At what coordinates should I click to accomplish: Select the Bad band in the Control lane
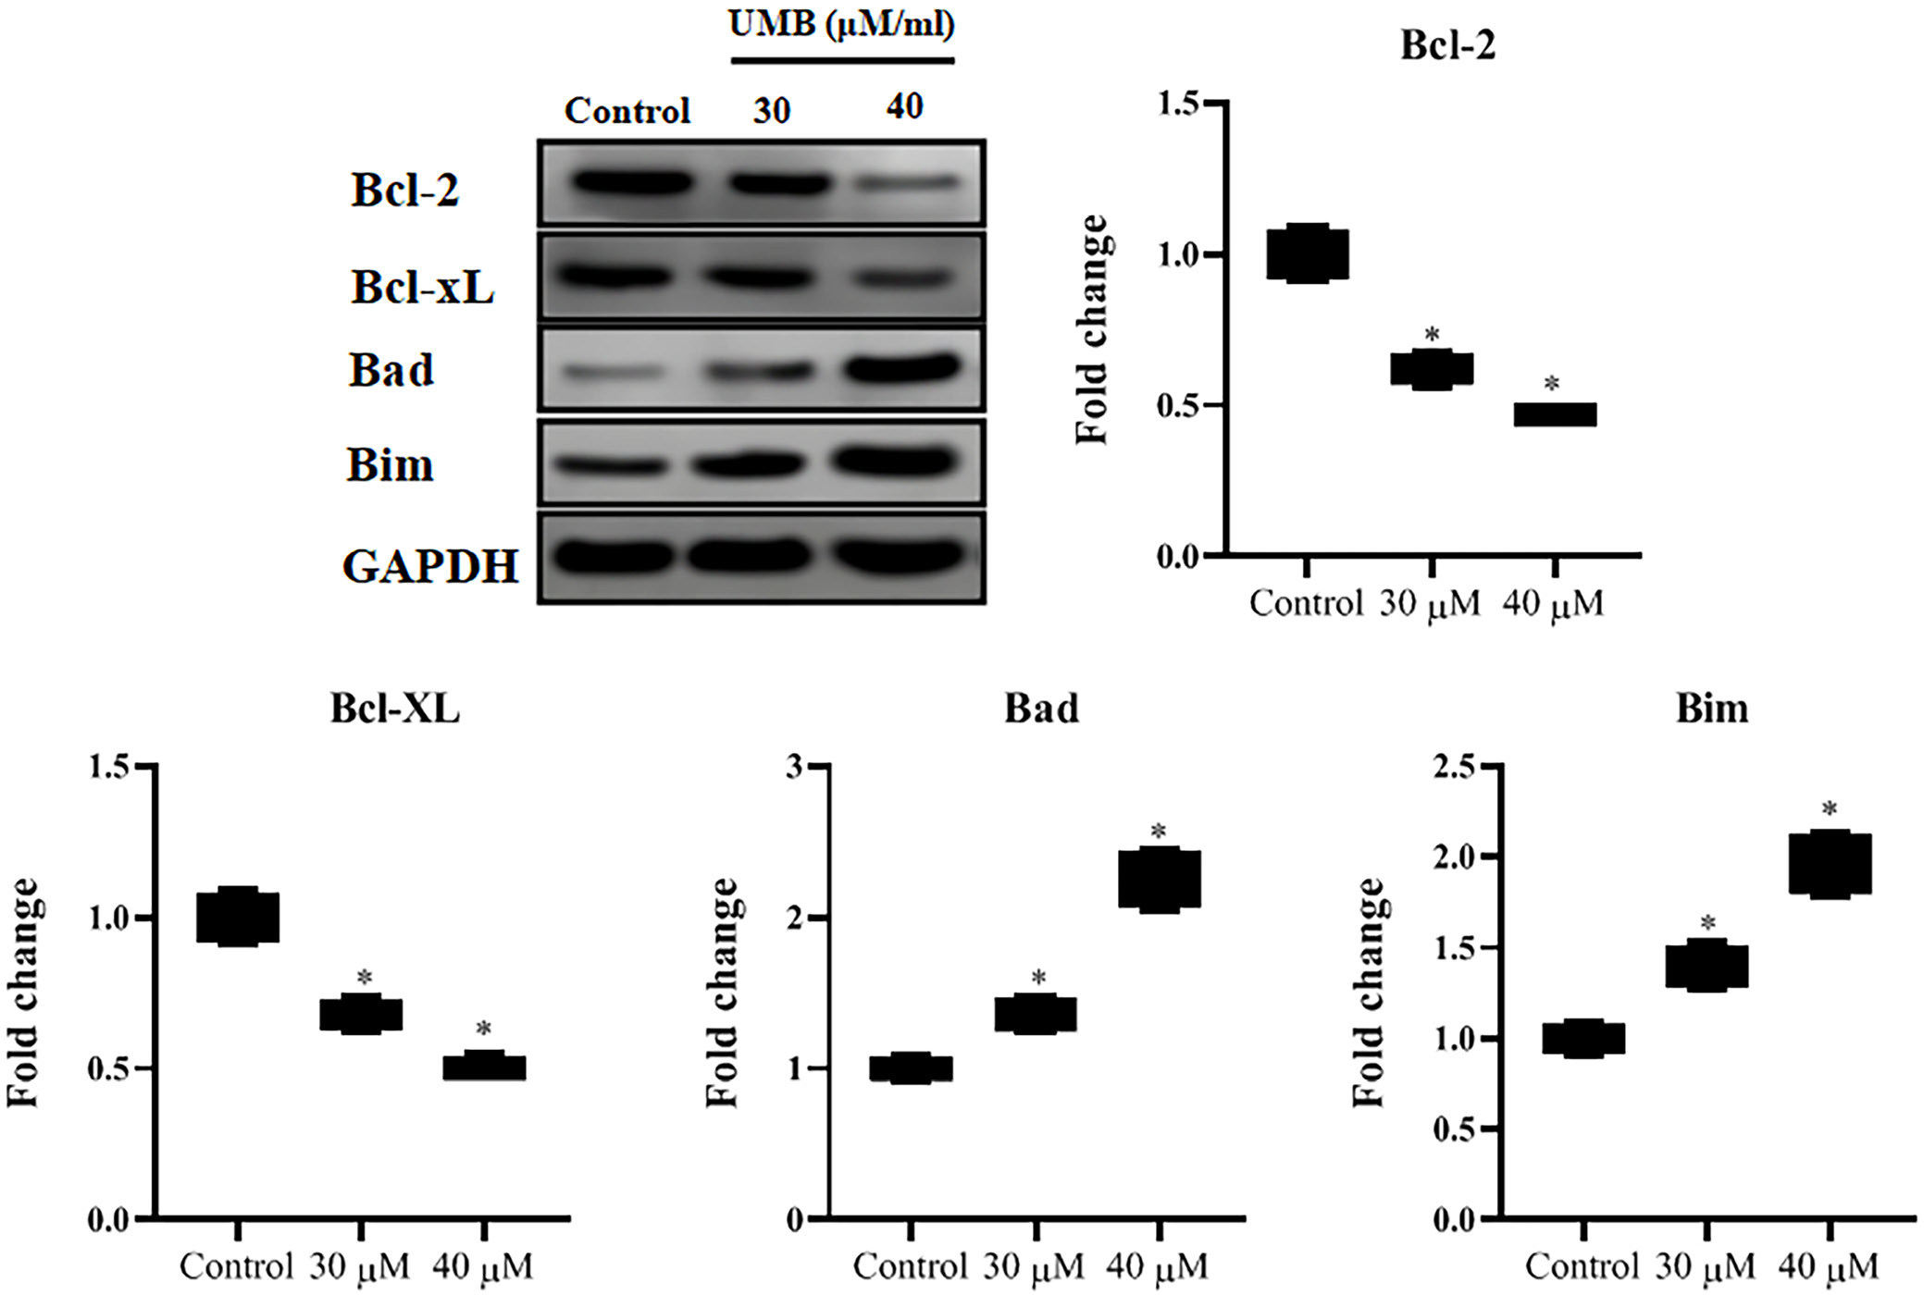point(613,373)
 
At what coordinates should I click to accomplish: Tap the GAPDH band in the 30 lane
point(748,557)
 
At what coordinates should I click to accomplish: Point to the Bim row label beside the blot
point(390,464)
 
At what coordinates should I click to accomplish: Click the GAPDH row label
point(430,566)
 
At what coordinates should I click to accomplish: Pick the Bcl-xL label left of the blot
point(422,287)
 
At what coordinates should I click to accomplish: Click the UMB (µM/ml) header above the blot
point(841,25)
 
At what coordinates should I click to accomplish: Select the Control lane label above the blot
point(627,111)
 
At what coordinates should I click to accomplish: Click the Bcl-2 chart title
point(1447,45)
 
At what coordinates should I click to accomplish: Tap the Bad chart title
point(1041,709)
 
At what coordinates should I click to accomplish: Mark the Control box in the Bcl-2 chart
point(1307,253)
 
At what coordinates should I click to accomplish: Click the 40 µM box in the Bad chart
point(1159,879)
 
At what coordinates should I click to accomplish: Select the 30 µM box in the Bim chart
point(1707,966)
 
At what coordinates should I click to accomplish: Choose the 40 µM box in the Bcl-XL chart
point(484,1067)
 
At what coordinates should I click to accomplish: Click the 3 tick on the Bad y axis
point(793,767)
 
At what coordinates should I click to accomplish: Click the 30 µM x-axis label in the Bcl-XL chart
point(360,1266)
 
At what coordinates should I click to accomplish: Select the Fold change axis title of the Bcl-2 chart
point(1092,329)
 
